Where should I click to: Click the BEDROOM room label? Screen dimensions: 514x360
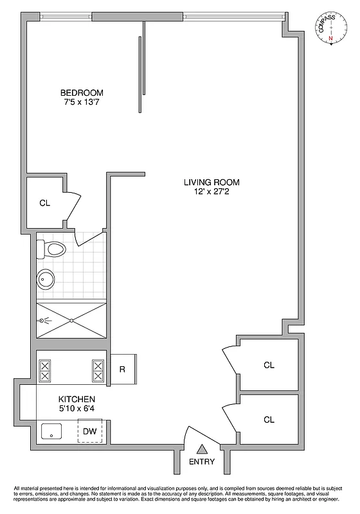click(82, 93)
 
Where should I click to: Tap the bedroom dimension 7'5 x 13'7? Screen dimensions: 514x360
click(82, 102)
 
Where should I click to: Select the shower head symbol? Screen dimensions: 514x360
click(43, 319)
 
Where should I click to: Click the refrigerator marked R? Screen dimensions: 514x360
click(122, 369)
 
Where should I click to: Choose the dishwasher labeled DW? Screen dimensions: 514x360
click(90, 431)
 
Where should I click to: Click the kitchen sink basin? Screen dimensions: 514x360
click(51, 432)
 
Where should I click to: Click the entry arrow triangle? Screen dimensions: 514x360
click(202, 450)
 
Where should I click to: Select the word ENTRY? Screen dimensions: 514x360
click(202, 462)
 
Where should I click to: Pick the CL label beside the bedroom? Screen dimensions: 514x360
click(44, 203)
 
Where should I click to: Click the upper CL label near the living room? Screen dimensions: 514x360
click(269, 365)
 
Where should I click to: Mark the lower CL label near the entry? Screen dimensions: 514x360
click(269, 420)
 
